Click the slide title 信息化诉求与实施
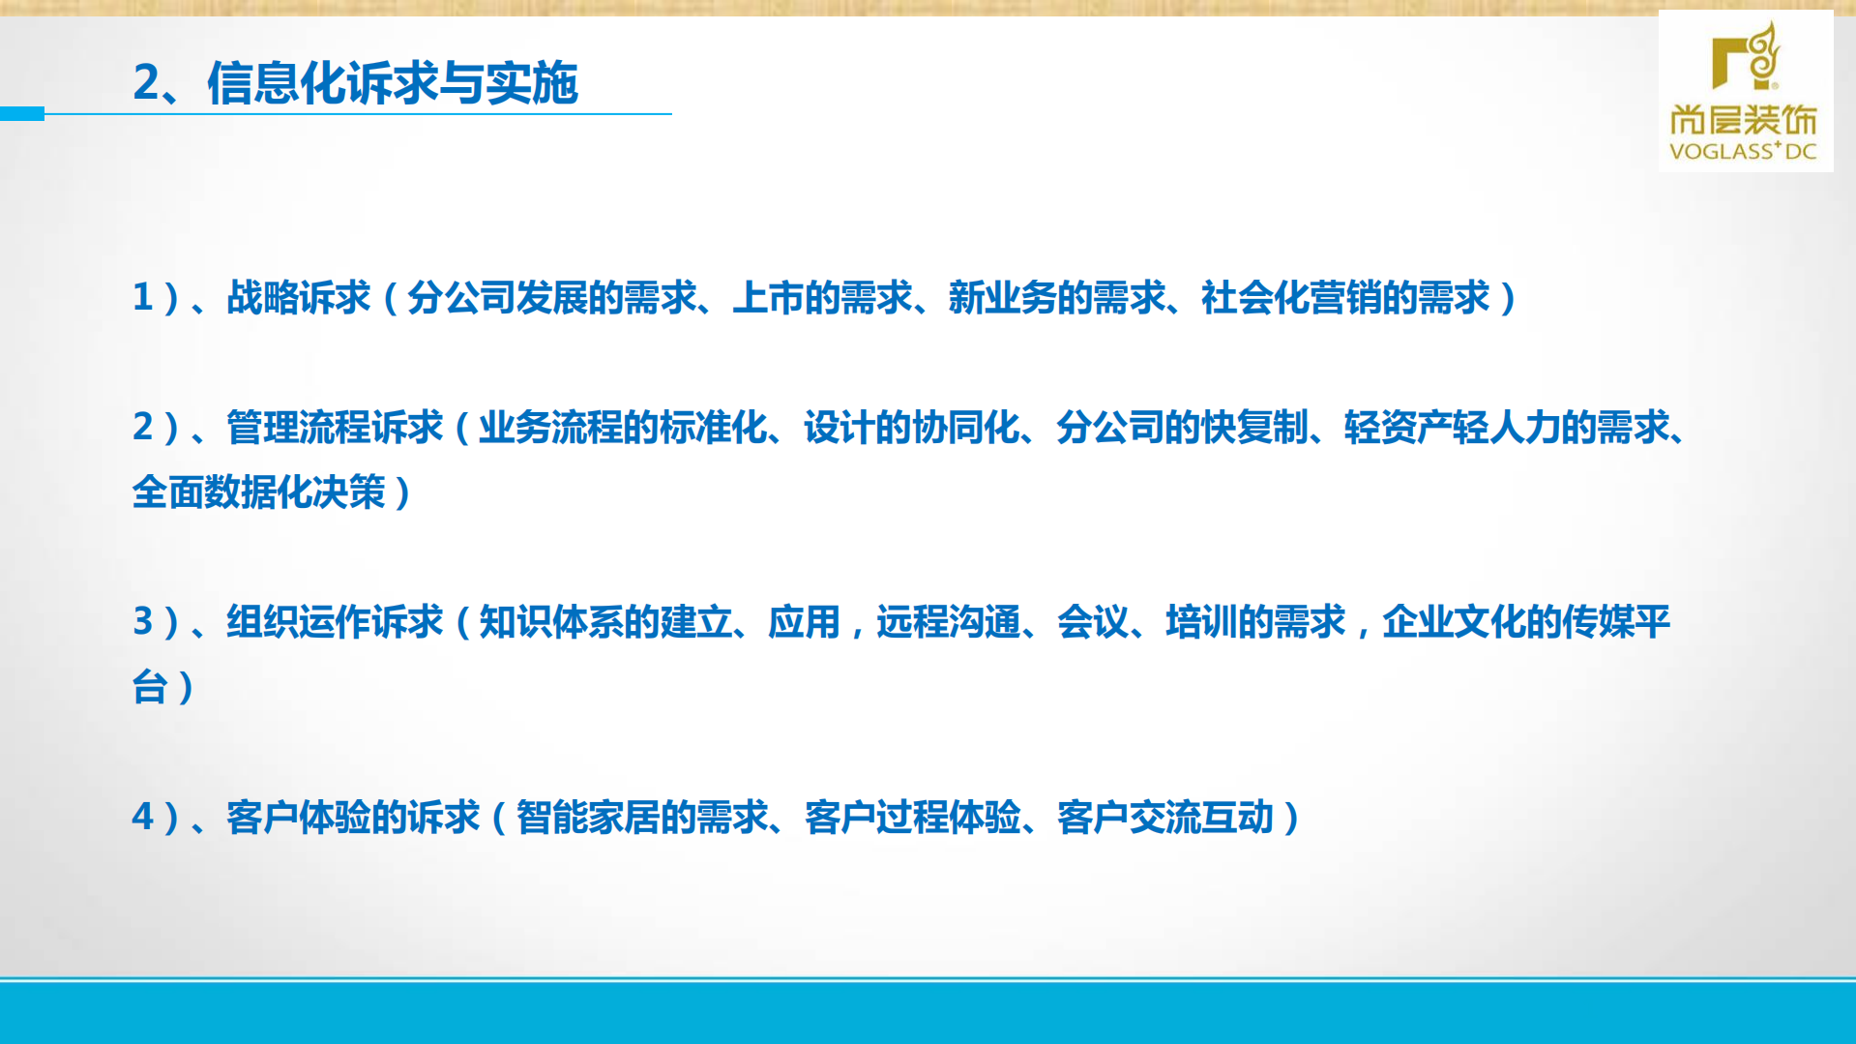tap(392, 83)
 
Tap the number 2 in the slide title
tap(146, 83)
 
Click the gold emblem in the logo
tap(1746, 57)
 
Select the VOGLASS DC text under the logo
tap(1743, 151)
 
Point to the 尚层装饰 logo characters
tap(1743, 120)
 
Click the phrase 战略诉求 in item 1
tap(298, 298)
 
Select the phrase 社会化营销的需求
tap(1344, 298)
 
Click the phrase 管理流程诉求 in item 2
tap(334, 428)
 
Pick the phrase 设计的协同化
tap(911, 428)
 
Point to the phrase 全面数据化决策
tap(258, 492)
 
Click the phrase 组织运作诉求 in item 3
tap(334, 622)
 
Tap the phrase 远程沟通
tap(948, 622)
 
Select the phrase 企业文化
tap(1454, 622)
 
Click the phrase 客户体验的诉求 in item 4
tap(352, 818)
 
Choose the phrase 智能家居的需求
tap(641, 818)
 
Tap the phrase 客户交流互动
tap(1164, 818)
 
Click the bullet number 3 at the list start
tap(143, 622)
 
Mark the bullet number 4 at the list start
tap(143, 818)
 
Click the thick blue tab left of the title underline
tap(22, 113)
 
